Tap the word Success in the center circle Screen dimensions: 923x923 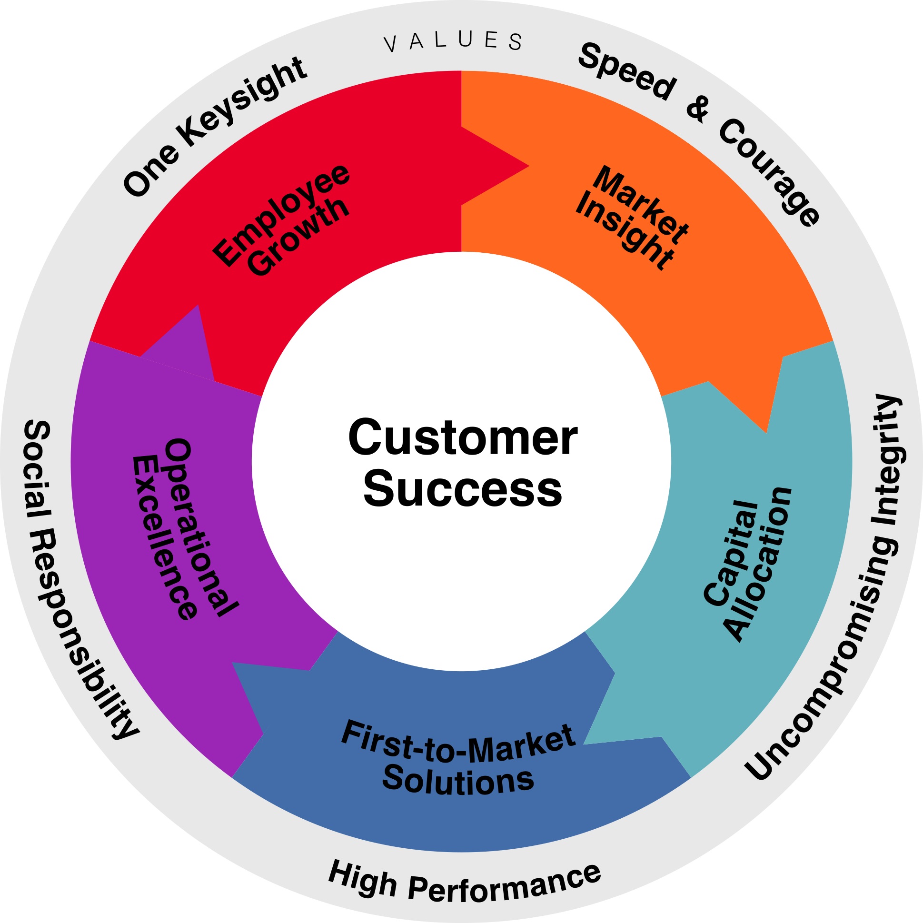[463, 490]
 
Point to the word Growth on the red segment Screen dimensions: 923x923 [299, 237]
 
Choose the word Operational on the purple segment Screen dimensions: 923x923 [201, 527]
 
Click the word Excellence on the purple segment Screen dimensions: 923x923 [164, 538]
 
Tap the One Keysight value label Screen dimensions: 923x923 [215, 127]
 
